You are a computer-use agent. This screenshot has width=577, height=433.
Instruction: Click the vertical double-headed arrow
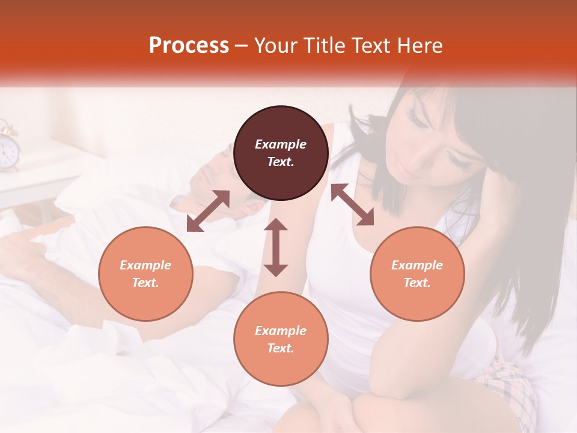pos(276,247)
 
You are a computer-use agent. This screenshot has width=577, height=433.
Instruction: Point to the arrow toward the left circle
pos(208,210)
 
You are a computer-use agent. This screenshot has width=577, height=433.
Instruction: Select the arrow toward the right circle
pos(353,204)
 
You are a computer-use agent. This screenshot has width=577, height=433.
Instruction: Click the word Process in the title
pos(189,45)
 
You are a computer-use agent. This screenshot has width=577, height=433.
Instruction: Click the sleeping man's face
pos(222,180)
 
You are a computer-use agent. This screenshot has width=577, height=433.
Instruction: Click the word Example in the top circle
pos(281,144)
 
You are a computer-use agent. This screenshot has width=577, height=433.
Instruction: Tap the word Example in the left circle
pos(145,265)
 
